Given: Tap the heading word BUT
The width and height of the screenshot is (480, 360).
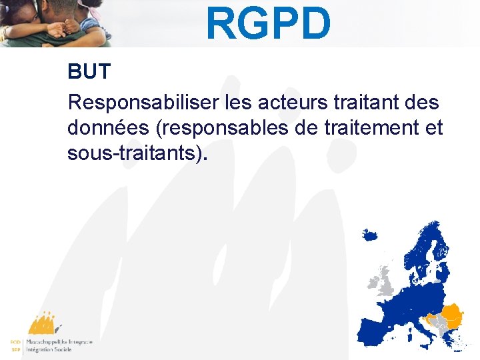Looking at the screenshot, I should [89, 72].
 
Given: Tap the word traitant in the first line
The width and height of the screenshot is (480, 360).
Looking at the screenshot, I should [359, 103].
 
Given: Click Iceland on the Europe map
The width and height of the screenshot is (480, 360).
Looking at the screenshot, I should [369, 235].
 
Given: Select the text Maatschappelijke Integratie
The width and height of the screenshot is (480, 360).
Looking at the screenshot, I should [59, 341].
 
